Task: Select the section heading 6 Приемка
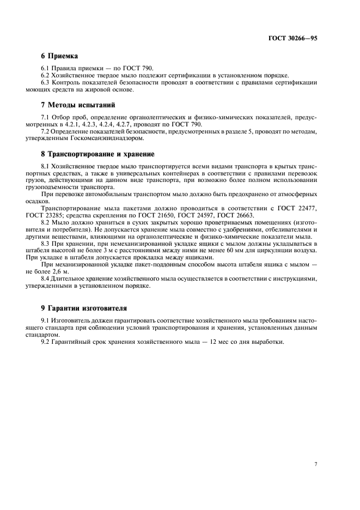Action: pyautogui.click(x=60, y=56)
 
